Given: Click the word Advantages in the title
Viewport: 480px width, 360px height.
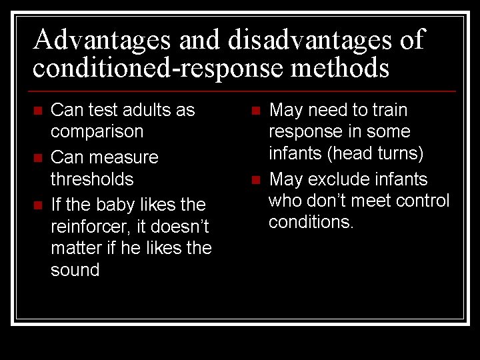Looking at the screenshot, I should tap(103, 40).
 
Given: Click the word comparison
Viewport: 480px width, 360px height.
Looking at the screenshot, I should tap(97, 131).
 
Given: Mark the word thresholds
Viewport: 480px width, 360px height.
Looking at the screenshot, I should tap(92, 179).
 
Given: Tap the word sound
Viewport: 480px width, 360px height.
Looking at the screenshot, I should tap(75, 270).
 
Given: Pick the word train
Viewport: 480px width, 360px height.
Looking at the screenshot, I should tap(389, 110).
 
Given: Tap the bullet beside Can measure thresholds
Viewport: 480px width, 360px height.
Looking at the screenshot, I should tap(38, 158).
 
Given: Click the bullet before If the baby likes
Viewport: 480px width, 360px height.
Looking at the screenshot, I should tap(38, 205).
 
